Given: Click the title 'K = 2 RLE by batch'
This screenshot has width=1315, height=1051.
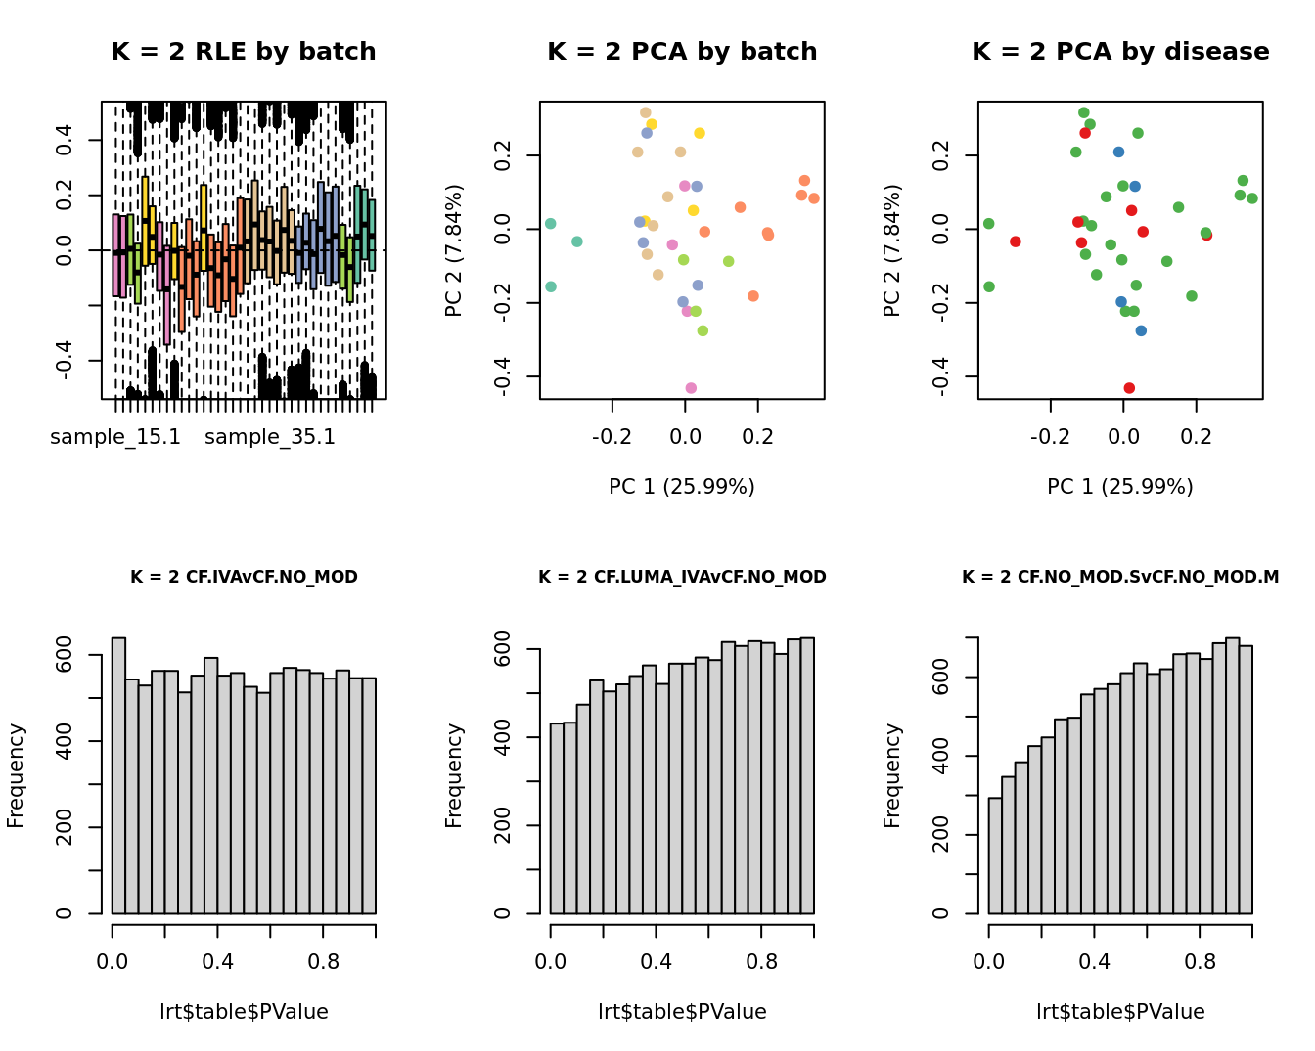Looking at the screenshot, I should click(243, 52).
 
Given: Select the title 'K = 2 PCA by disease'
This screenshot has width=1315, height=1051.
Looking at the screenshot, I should click(1120, 52).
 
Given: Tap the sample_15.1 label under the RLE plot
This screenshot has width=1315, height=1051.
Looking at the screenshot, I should click(115, 437).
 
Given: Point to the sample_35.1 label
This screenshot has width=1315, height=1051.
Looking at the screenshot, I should click(270, 437).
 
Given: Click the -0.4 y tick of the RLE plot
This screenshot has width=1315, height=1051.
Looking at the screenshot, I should click(65, 361).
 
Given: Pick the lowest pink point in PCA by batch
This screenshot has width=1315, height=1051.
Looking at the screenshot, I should click(691, 388).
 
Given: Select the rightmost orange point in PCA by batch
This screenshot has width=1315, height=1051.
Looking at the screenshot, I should click(814, 198).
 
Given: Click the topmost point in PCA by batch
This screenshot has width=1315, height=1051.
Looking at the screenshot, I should click(646, 113).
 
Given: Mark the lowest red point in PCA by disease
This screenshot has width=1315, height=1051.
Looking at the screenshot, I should click(1129, 388).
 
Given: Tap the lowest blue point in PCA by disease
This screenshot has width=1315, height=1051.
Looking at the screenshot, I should click(1141, 331).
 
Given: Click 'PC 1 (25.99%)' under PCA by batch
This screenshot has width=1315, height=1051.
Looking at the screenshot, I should click(682, 487).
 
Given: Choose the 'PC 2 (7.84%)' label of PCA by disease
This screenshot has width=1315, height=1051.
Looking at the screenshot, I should click(891, 250).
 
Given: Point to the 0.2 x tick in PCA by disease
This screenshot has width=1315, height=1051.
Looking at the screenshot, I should click(1197, 436).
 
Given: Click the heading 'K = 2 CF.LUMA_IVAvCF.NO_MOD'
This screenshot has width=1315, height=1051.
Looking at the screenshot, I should click(682, 577).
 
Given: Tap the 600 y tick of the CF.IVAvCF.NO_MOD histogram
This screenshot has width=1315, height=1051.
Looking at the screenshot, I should click(65, 655).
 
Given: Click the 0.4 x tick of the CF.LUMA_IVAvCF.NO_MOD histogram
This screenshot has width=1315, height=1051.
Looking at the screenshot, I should click(657, 962).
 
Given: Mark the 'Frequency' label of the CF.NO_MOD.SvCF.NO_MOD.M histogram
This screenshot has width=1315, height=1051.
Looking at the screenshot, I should click(891, 775).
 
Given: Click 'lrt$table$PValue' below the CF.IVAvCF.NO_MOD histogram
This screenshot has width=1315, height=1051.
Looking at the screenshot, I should click(244, 1012).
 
